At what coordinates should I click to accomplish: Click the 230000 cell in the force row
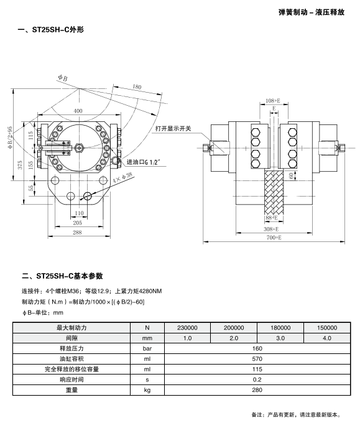(x=187, y=328)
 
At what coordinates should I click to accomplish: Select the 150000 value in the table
(x=326, y=328)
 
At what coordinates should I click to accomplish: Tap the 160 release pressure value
(x=257, y=348)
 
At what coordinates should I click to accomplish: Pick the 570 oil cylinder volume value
(x=257, y=359)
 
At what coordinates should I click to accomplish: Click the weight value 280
(x=257, y=390)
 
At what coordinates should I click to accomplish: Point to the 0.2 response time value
(x=257, y=379)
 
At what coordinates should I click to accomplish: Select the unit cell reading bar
(x=147, y=348)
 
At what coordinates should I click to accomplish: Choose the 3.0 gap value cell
(x=280, y=338)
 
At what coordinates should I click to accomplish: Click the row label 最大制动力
(x=72, y=328)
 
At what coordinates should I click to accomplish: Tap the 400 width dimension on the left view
(x=78, y=111)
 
